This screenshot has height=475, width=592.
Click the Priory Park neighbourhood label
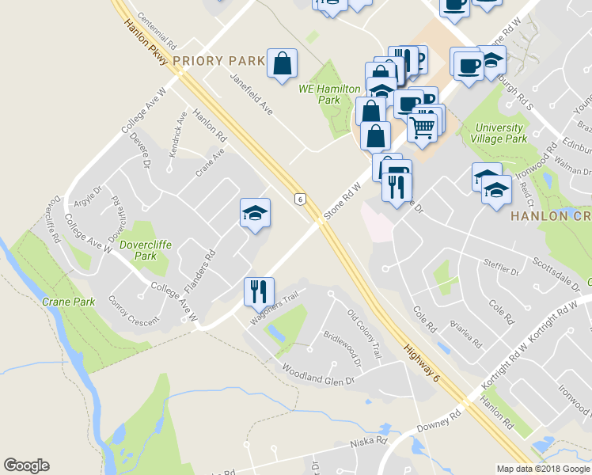click(218, 61)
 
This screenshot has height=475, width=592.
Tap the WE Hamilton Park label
click(328, 95)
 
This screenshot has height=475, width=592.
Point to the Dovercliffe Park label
click(139, 250)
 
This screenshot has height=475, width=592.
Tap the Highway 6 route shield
click(300, 199)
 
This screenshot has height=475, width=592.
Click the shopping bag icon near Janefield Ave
click(283, 64)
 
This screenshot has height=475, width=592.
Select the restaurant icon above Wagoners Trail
click(258, 291)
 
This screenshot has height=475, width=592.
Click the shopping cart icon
click(423, 125)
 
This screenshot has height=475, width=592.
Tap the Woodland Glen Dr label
click(317, 374)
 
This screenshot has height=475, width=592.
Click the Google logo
click(26, 465)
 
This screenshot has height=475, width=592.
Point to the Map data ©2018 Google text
click(543, 469)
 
